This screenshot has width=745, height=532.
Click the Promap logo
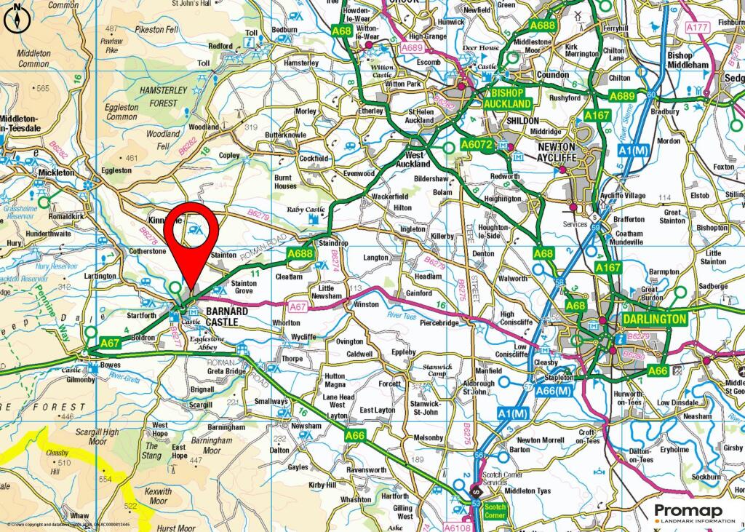694,512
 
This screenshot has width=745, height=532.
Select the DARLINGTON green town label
654,319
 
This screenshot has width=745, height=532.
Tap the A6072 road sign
477,146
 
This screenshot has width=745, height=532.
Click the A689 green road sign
622,96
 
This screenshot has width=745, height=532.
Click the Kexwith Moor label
158,496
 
